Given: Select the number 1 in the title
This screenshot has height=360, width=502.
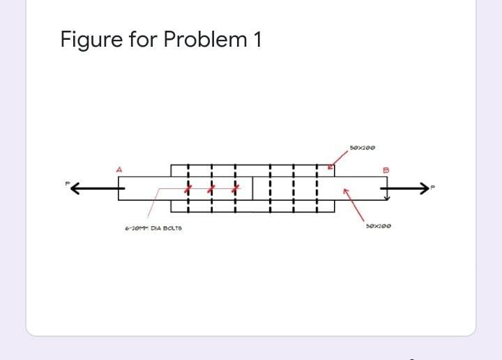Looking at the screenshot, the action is (257, 40).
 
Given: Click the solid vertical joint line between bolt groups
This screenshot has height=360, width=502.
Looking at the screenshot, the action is (252, 188).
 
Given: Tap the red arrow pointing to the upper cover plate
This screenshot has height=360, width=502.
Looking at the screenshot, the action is (332, 167).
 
